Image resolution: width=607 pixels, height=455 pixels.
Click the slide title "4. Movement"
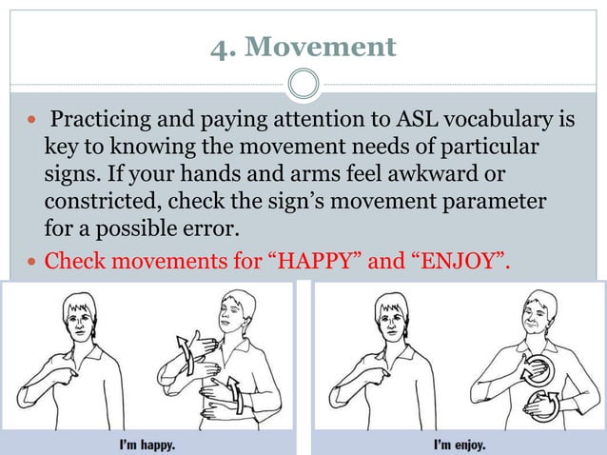[303, 47]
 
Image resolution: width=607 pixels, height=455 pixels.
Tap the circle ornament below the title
[303, 85]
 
